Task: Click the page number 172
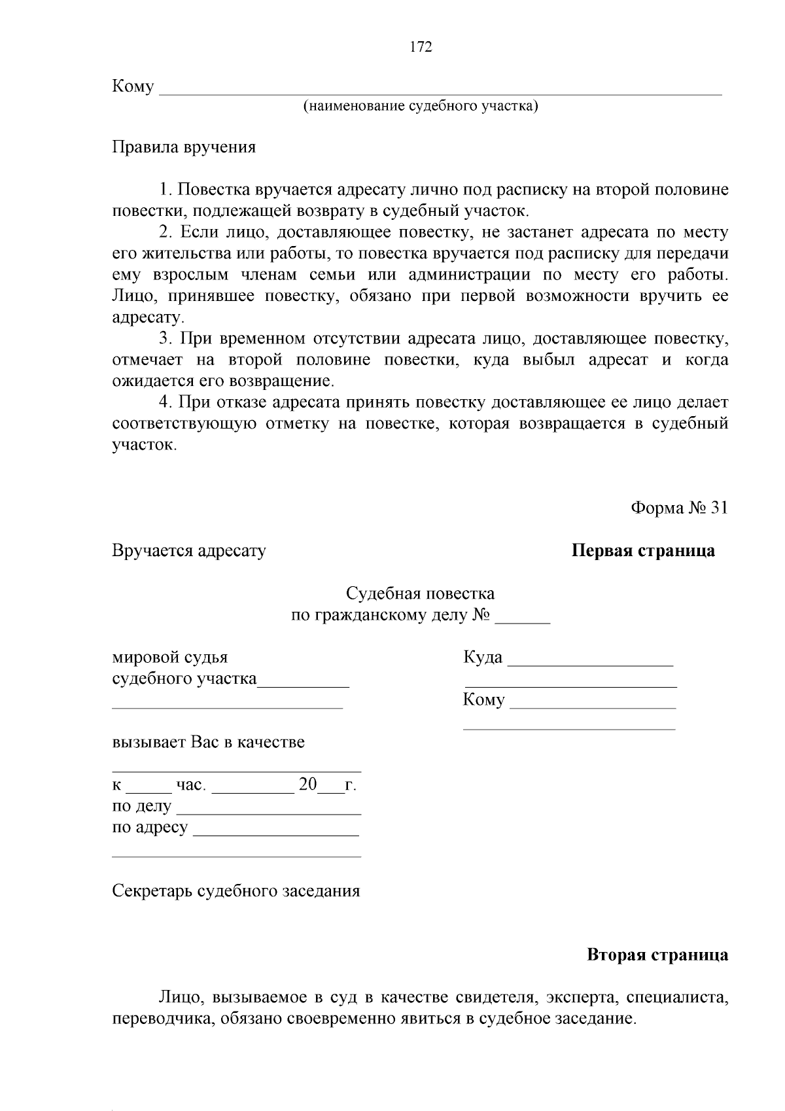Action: click(421, 47)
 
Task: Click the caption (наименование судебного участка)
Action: click(420, 106)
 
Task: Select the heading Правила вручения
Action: click(184, 147)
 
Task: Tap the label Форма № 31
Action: click(678, 508)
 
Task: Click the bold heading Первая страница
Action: click(643, 550)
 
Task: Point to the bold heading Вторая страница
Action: click(657, 955)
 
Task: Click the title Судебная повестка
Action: click(420, 593)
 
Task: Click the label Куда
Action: click(483, 657)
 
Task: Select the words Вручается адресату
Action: click(189, 550)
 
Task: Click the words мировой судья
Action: click(170, 657)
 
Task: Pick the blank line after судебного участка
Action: click(304, 682)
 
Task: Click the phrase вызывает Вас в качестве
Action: click(208, 742)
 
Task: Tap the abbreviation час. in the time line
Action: click(190, 785)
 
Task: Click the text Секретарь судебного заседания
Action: click(236, 891)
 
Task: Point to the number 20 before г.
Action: click(307, 784)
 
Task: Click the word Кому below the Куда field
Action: click(483, 699)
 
